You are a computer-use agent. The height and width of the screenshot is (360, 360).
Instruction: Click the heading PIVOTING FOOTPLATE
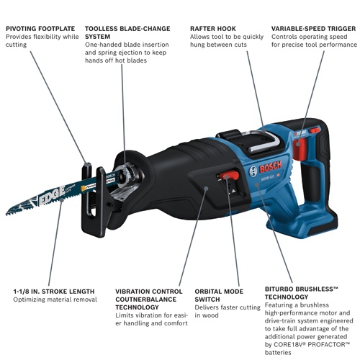coord(42,29)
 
